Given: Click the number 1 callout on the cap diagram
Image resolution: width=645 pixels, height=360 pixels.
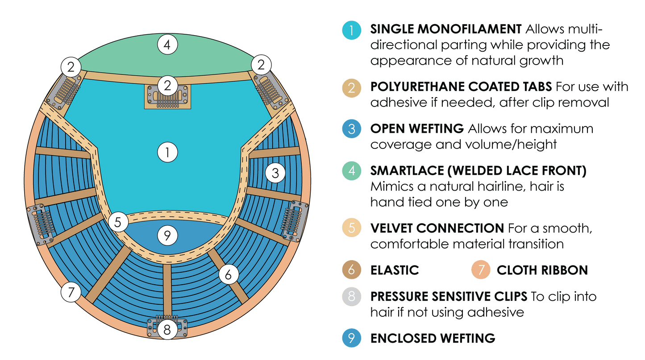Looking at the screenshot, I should tap(167, 153).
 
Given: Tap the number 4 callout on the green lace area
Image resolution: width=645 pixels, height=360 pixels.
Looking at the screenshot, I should tap(167, 45).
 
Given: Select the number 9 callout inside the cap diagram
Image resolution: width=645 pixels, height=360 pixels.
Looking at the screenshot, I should tap(167, 236).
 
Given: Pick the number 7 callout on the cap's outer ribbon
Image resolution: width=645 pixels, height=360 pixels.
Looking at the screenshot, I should tap(71, 292).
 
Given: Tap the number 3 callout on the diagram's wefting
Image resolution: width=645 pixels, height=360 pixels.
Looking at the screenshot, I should tap(275, 173).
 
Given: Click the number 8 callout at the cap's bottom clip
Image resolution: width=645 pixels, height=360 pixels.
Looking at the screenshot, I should tap(167, 330).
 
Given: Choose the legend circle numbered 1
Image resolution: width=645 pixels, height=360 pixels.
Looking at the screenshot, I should tap(352, 30).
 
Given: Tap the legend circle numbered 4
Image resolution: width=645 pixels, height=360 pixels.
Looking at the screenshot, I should tap(352, 172).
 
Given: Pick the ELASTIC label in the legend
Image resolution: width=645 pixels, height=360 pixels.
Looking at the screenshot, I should tap(395, 270).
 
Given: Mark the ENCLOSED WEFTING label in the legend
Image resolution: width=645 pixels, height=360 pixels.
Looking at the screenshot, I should tap(433, 338).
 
